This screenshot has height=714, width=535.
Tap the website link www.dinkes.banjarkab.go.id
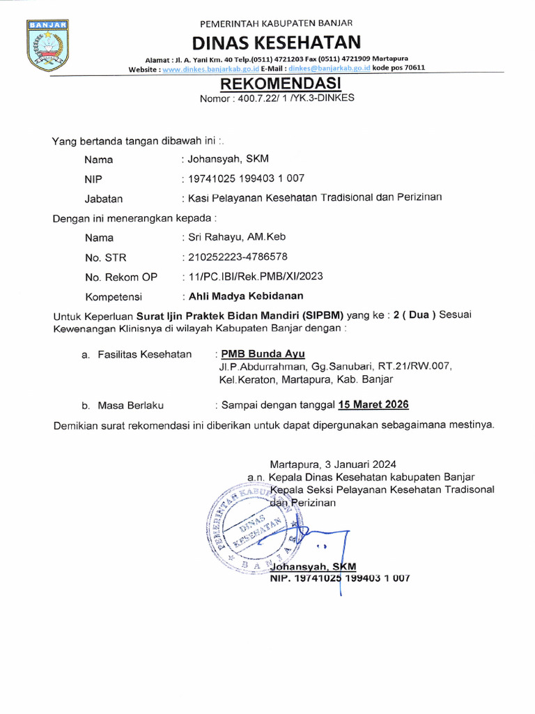[x=211, y=68]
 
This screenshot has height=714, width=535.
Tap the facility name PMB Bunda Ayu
[x=263, y=354]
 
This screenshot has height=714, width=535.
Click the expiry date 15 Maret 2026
[x=373, y=404]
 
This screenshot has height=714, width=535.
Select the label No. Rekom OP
[x=121, y=277]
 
